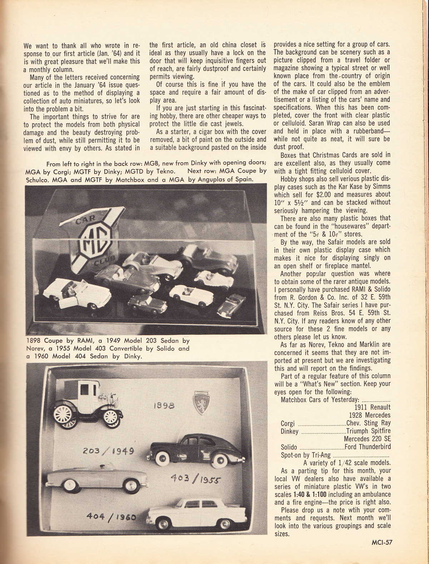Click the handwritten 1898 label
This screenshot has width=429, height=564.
[x=164, y=405]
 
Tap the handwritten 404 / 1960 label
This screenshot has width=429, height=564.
[x=111, y=517]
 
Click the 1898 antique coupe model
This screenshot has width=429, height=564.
[x=89, y=404]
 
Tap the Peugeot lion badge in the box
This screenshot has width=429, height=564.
[x=201, y=403]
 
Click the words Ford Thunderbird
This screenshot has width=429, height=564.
[x=368, y=447]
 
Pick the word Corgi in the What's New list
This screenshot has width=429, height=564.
[x=288, y=424]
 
